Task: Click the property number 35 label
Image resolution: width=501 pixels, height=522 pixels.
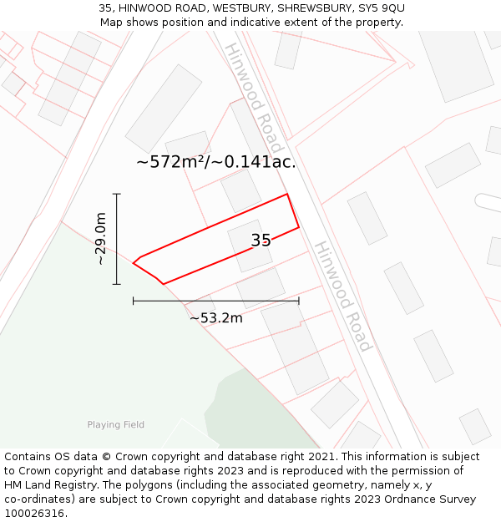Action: point(261,241)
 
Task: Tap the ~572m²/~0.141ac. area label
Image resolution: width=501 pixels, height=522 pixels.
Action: point(215,162)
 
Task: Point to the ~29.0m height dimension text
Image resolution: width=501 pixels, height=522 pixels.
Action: point(101,239)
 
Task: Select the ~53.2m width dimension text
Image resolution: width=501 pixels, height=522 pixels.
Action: point(215,317)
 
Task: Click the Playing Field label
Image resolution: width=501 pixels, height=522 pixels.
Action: point(115,425)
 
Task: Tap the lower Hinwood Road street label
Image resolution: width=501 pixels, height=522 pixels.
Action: point(342,296)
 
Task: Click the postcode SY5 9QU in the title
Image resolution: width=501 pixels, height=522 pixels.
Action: point(382,8)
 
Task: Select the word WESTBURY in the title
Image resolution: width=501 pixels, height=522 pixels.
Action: point(234,8)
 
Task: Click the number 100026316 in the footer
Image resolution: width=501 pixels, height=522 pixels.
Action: point(36,514)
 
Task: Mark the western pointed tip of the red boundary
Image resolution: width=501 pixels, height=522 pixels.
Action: point(134,264)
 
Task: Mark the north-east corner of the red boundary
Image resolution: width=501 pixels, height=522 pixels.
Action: point(287,195)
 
